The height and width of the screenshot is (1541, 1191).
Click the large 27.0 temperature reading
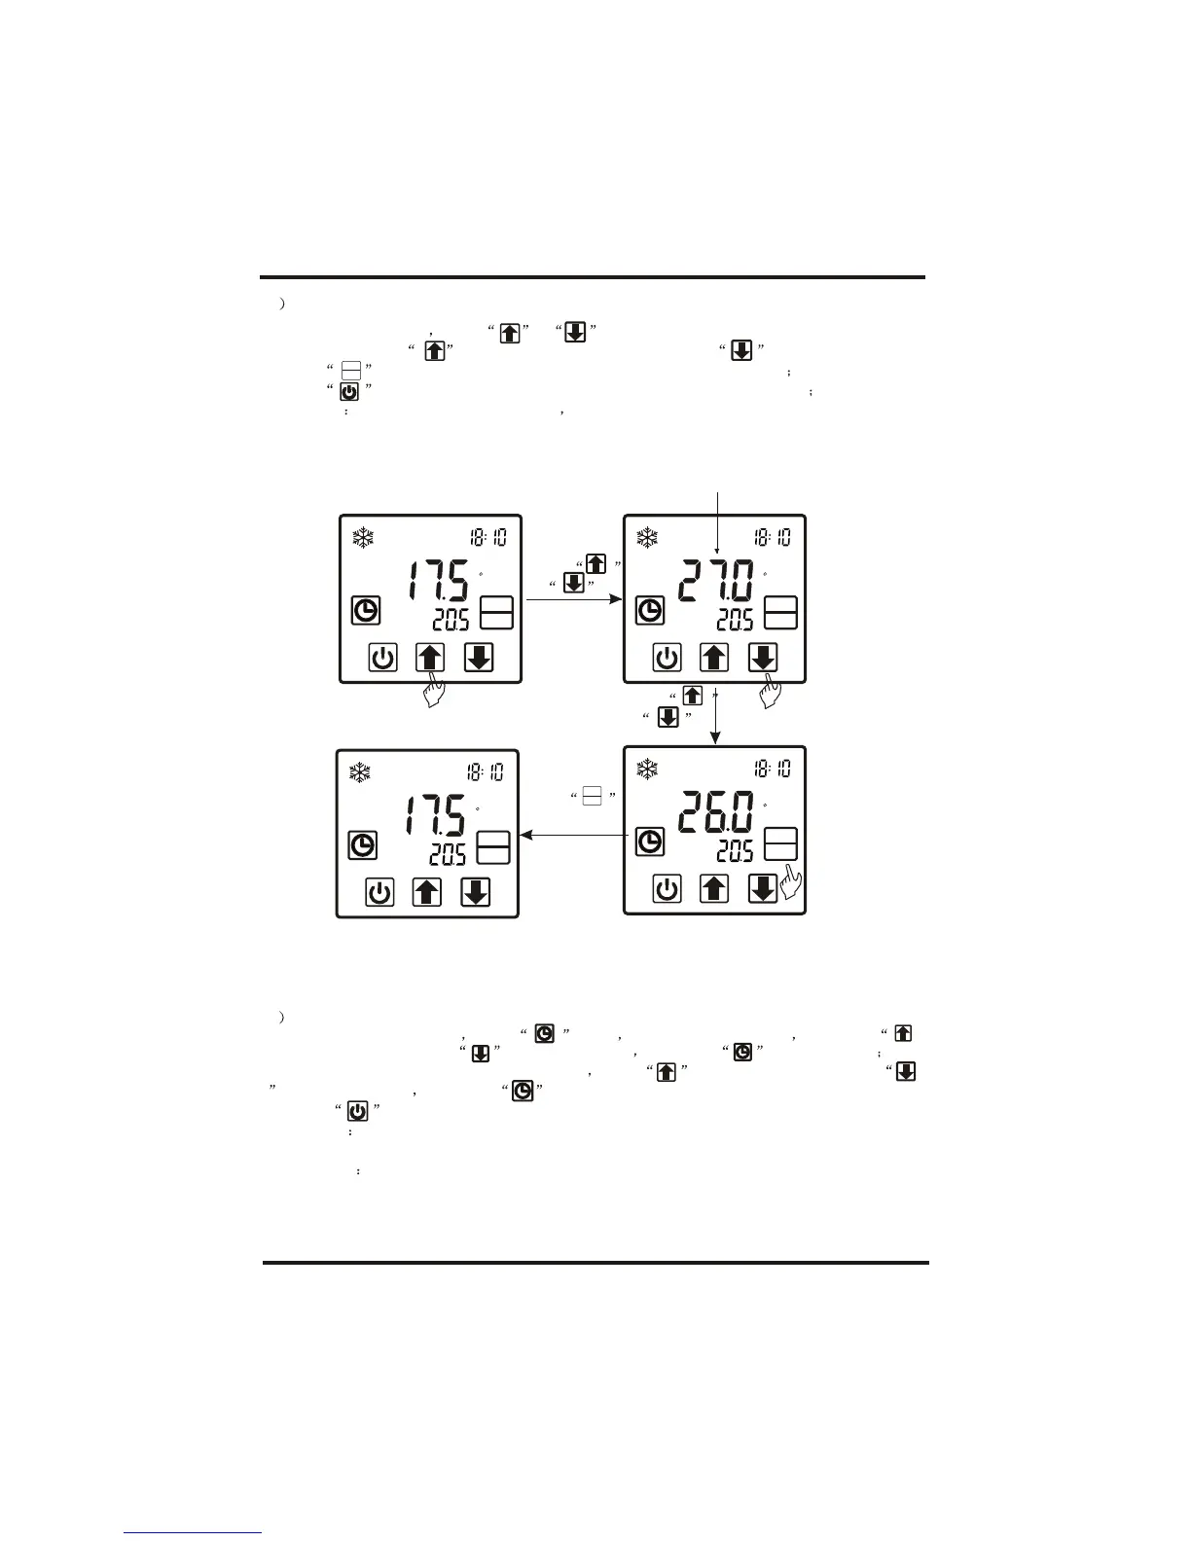click(x=716, y=583)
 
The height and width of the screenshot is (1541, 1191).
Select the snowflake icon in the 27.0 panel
click(x=647, y=537)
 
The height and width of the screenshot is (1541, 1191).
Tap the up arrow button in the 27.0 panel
click(x=714, y=659)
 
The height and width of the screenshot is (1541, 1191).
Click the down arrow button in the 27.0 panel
click(x=762, y=659)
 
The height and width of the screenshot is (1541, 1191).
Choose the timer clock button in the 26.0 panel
click(x=650, y=842)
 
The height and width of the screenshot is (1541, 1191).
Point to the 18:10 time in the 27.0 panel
click(x=773, y=537)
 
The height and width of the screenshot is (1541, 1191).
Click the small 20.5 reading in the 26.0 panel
click(x=735, y=852)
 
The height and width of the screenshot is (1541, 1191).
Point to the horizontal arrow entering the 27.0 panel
click(x=574, y=600)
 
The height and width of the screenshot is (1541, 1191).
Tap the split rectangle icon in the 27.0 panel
click(x=781, y=612)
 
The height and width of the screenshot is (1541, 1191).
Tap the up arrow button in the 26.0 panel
click(x=714, y=888)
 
